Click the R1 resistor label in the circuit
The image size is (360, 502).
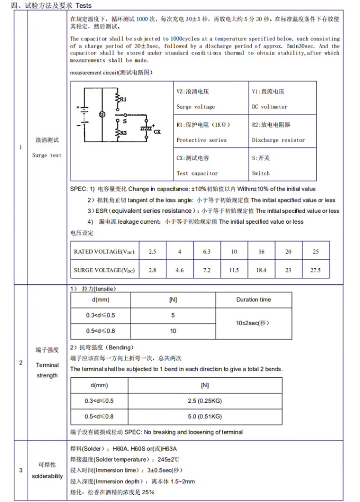pyautogui.click(x=123, y=99)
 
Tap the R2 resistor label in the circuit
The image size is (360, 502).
pyautogui.click(x=123, y=133)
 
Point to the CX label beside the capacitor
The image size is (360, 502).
pyautogui.click(x=157, y=132)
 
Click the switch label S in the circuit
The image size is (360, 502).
pyautogui.click(x=124, y=122)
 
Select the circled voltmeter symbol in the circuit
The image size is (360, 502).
pyautogui.click(x=102, y=115)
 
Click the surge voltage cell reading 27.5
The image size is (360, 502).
pyautogui.click(x=316, y=270)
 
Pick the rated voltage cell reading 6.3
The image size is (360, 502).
pyautogui.click(x=206, y=251)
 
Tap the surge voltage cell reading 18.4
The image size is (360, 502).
pyautogui.click(x=261, y=270)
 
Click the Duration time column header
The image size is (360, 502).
pyautogui.click(x=253, y=300)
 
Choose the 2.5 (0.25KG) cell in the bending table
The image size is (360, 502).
pyautogui.click(x=205, y=401)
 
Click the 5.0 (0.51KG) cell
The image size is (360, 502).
pyautogui.click(x=205, y=416)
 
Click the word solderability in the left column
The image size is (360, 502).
pyautogui.click(x=47, y=476)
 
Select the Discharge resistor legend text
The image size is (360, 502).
pyautogui.click(x=278, y=140)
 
